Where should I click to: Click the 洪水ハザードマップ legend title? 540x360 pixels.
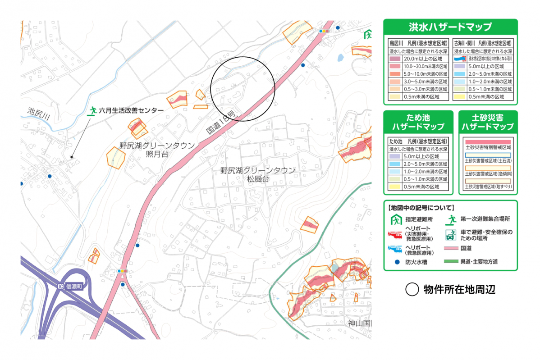coord(450,27)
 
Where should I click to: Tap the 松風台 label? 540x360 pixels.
coord(257,179)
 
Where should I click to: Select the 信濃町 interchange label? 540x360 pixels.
coord(75,286)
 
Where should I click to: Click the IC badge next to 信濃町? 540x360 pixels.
coord(61,286)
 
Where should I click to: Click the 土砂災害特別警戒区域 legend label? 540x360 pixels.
coord(488,147)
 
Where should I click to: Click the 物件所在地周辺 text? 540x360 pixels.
coord(459,290)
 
